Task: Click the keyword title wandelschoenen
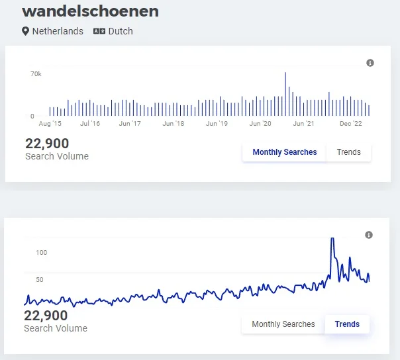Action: (x=90, y=11)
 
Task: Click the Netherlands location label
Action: (x=58, y=31)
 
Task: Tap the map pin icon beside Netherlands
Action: (x=26, y=31)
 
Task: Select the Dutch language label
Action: (x=121, y=31)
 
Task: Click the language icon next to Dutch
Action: (x=99, y=31)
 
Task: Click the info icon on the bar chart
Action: (x=370, y=63)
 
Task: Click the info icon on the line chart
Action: (x=369, y=235)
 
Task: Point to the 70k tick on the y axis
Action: (x=36, y=74)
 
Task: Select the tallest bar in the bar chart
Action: (x=285, y=93)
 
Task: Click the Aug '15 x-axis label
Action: (x=50, y=124)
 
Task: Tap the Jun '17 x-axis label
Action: (x=130, y=124)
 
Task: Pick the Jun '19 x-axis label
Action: (x=217, y=124)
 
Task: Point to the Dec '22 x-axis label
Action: (x=351, y=124)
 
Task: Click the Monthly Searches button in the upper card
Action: (x=285, y=152)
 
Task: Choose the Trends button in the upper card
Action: (x=349, y=152)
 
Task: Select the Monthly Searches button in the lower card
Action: (x=283, y=324)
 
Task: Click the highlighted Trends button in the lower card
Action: (x=347, y=324)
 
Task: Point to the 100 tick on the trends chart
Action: (x=42, y=253)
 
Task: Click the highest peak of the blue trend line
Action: (x=332, y=239)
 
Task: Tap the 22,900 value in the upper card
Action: (x=47, y=144)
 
